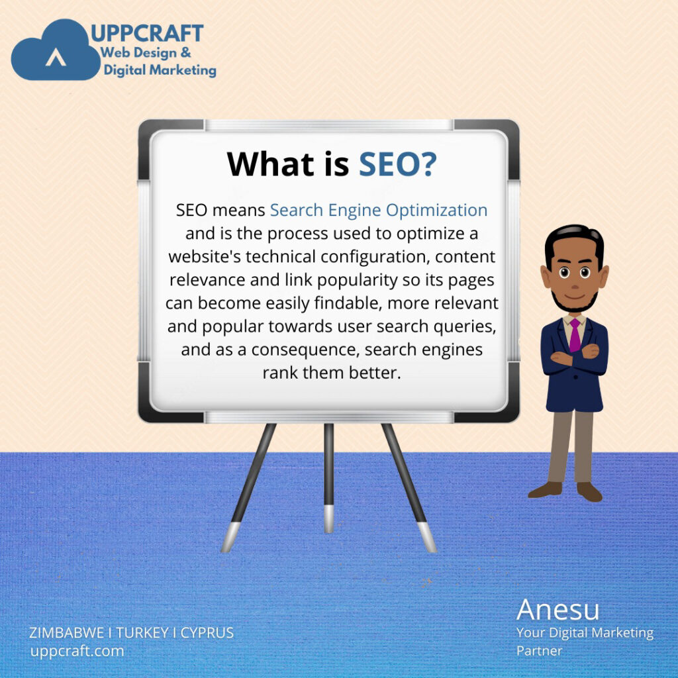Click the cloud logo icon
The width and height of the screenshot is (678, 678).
56,51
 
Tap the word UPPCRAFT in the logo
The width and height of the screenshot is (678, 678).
147,33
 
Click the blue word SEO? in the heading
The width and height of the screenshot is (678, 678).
398,164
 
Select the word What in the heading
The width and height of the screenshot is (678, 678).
270,164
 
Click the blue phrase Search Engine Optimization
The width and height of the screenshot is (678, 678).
379,211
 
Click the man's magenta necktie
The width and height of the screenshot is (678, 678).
575,335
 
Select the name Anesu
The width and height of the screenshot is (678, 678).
557,610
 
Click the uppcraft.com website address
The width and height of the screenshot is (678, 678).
77,651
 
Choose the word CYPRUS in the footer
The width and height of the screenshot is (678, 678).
207,632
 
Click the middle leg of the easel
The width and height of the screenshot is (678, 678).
328,478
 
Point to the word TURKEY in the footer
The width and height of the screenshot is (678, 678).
142,632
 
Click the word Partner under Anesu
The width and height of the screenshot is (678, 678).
539,651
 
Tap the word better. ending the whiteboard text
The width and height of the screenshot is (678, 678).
375,373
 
